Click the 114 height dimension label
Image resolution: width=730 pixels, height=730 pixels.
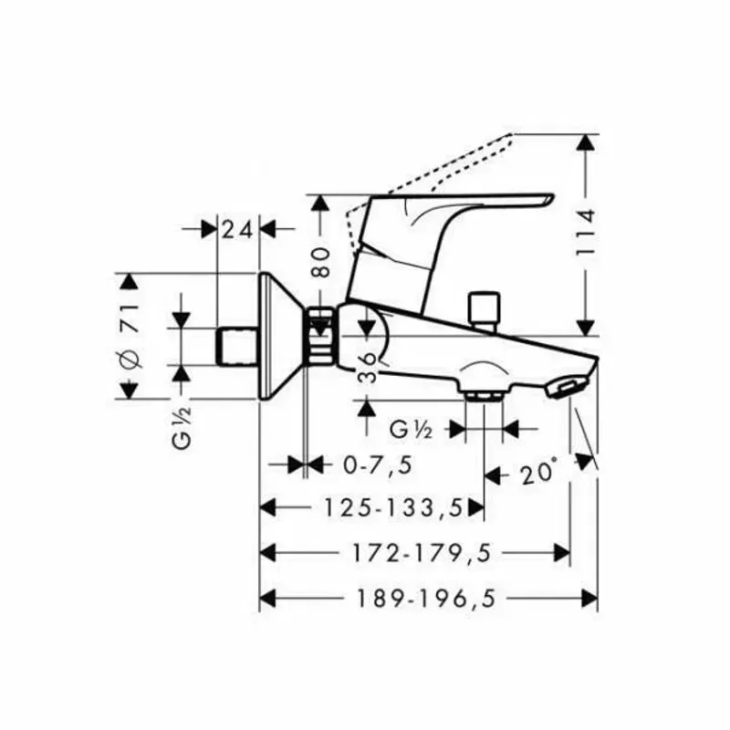point(585,233)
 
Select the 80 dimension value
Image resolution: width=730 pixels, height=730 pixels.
point(320,263)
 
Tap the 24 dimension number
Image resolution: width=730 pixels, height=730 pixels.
point(237,230)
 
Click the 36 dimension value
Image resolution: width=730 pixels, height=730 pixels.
point(368,368)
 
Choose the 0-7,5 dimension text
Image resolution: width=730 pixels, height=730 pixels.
point(378,464)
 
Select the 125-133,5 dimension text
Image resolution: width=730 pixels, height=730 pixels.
point(394,507)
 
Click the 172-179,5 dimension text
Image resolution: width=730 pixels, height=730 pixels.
point(422,553)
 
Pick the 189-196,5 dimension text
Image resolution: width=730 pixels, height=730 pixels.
point(426,599)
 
